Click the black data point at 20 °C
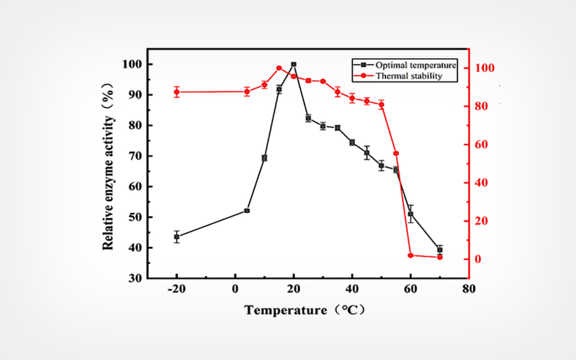coord(294,64)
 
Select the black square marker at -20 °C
coord(177,237)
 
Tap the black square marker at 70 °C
coord(440,249)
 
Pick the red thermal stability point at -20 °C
coord(177,92)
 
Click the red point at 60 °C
coord(410,255)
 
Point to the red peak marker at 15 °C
coord(279,68)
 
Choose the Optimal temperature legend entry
coord(400,63)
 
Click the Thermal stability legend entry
coord(400,74)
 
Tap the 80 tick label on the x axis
coord(469,289)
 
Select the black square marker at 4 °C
coord(247,211)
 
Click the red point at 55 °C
coord(396,153)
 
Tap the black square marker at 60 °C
coord(410,214)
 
